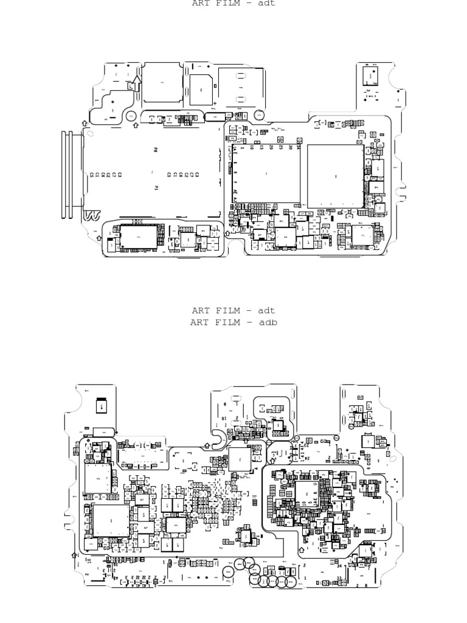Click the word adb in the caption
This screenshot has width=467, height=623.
(x=268, y=322)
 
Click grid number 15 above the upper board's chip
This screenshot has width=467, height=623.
(x=261, y=147)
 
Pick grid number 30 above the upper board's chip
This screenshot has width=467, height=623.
(x=290, y=147)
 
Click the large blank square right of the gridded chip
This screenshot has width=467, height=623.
(x=335, y=176)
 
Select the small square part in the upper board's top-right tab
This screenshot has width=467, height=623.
(x=368, y=76)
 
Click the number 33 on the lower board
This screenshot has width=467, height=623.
(x=339, y=579)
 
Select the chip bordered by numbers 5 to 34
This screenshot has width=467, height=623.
(x=266, y=175)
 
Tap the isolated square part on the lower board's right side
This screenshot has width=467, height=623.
(x=368, y=440)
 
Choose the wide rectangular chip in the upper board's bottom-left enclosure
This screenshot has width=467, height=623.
(x=138, y=237)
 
